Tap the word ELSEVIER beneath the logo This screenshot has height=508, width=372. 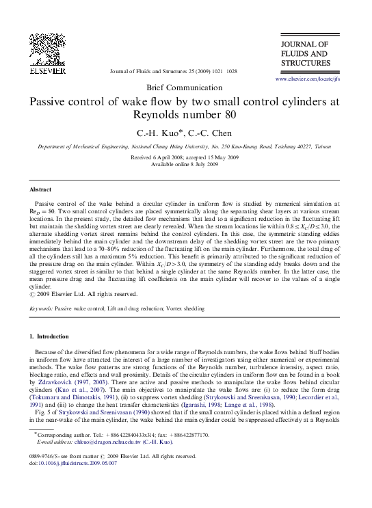click(x=46, y=70)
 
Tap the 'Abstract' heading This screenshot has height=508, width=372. click(x=40, y=189)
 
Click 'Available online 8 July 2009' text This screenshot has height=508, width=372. click(x=185, y=164)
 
